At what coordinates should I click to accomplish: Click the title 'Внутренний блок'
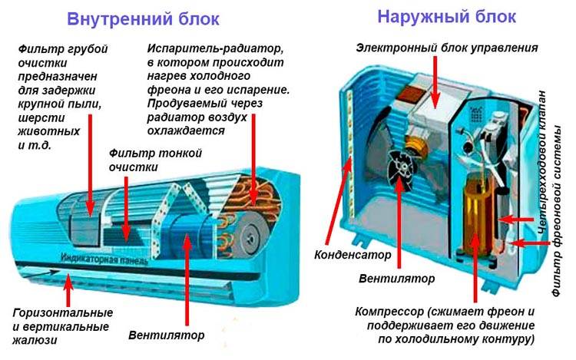[x=144, y=18]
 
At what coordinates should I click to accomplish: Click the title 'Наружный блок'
[x=447, y=17]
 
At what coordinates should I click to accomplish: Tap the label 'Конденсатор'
[x=353, y=255]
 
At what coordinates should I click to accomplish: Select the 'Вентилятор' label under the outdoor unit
[x=397, y=278]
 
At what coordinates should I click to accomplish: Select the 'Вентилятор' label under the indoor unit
[x=167, y=335]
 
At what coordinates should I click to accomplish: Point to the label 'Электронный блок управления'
[x=447, y=48]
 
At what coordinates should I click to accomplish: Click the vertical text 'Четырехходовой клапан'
[x=542, y=162]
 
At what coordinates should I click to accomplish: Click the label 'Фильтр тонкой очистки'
[x=155, y=160]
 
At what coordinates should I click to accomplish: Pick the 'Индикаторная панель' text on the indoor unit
[x=104, y=259]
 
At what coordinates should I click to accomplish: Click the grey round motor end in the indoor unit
[x=253, y=239]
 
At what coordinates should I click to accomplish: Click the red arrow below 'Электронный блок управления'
[x=435, y=81]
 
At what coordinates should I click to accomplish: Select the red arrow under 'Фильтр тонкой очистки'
[x=126, y=209]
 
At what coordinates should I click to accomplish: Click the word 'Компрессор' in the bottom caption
[x=389, y=312]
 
